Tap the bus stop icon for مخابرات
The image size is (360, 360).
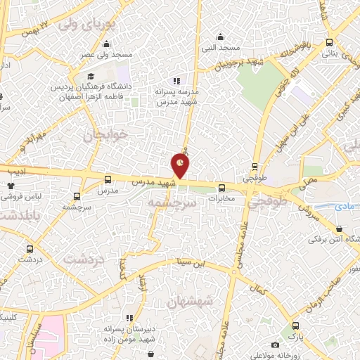point(221,188)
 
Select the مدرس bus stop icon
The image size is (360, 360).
point(108,179)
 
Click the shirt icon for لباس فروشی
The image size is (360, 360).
point(11,186)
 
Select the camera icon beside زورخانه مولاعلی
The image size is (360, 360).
point(274,345)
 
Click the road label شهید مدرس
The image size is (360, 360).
point(157,182)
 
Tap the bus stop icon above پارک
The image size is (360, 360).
point(295,326)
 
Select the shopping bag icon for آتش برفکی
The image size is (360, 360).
point(340,229)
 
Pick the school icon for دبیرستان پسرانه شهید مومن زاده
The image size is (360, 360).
point(129,319)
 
